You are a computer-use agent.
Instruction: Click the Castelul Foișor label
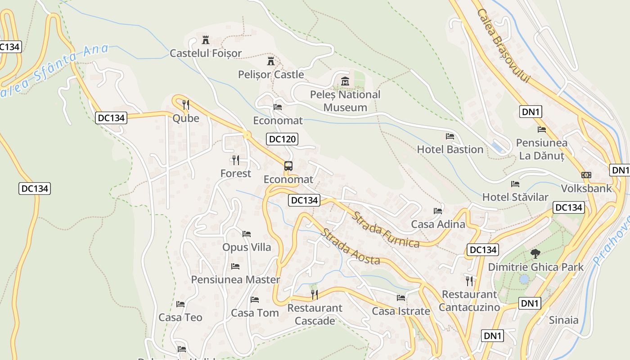click(x=206, y=53)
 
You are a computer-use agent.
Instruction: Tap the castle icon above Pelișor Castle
click(x=271, y=61)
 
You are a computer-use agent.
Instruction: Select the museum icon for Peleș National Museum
click(x=345, y=81)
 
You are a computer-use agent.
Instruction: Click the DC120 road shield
click(x=282, y=139)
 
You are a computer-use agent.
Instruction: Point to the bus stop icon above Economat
click(x=288, y=166)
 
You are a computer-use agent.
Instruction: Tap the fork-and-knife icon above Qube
click(x=186, y=105)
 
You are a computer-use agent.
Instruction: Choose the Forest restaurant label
click(x=236, y=173)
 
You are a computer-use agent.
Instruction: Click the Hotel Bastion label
click(x=450, y=149)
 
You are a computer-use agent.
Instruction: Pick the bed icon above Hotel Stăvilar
click(x=515, y=184)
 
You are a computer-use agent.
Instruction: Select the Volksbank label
click(x=586, y=188)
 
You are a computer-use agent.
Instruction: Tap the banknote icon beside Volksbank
click(x=586, y=175)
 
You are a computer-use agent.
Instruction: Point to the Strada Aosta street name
click(x=351, y=247)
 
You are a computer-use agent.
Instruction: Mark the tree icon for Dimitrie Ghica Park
click(x=535, y=253)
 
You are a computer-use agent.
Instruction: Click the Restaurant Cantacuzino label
click(x=469, y=301)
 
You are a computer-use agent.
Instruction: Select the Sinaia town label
click(x=564, y=320)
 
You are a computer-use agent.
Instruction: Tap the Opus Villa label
click(x=247, y=247)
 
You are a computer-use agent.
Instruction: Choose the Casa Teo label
click(x=180, y=317)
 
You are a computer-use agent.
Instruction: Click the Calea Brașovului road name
click(x=504, y=46)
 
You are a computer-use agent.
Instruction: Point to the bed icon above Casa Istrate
click(x=401, y=297)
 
